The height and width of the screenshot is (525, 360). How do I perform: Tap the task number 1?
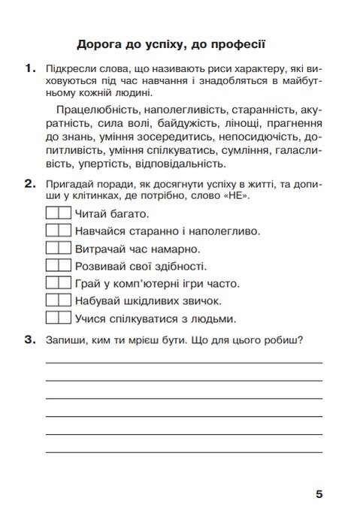click(x=29, y=69)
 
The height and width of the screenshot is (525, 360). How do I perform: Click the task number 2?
click(x=29, y=184)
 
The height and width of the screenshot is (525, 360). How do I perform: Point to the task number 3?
click(x=29, y=339)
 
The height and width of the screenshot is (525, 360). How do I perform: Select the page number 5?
click(x=319, y=493)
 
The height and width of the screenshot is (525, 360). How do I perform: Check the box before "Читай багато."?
click(x=58, y=213)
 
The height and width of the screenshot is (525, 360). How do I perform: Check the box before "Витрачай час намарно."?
click(x=58, y=248)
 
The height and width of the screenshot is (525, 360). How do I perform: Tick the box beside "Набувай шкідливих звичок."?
click(x=58, y=300)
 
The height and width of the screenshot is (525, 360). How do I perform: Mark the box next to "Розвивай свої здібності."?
click(x=58, y=265)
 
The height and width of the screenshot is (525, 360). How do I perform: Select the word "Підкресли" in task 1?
click(x=71, y=70)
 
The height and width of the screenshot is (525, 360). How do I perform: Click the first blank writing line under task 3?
click(x=184, y=362)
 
